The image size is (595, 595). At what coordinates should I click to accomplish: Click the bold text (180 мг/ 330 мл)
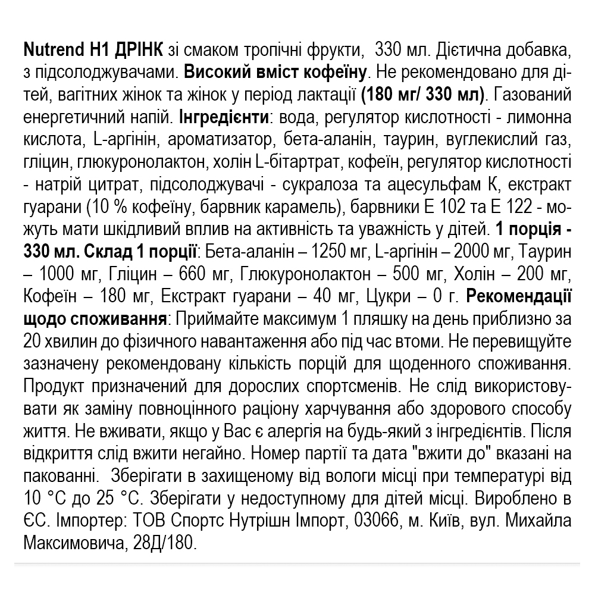pos(423,95)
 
